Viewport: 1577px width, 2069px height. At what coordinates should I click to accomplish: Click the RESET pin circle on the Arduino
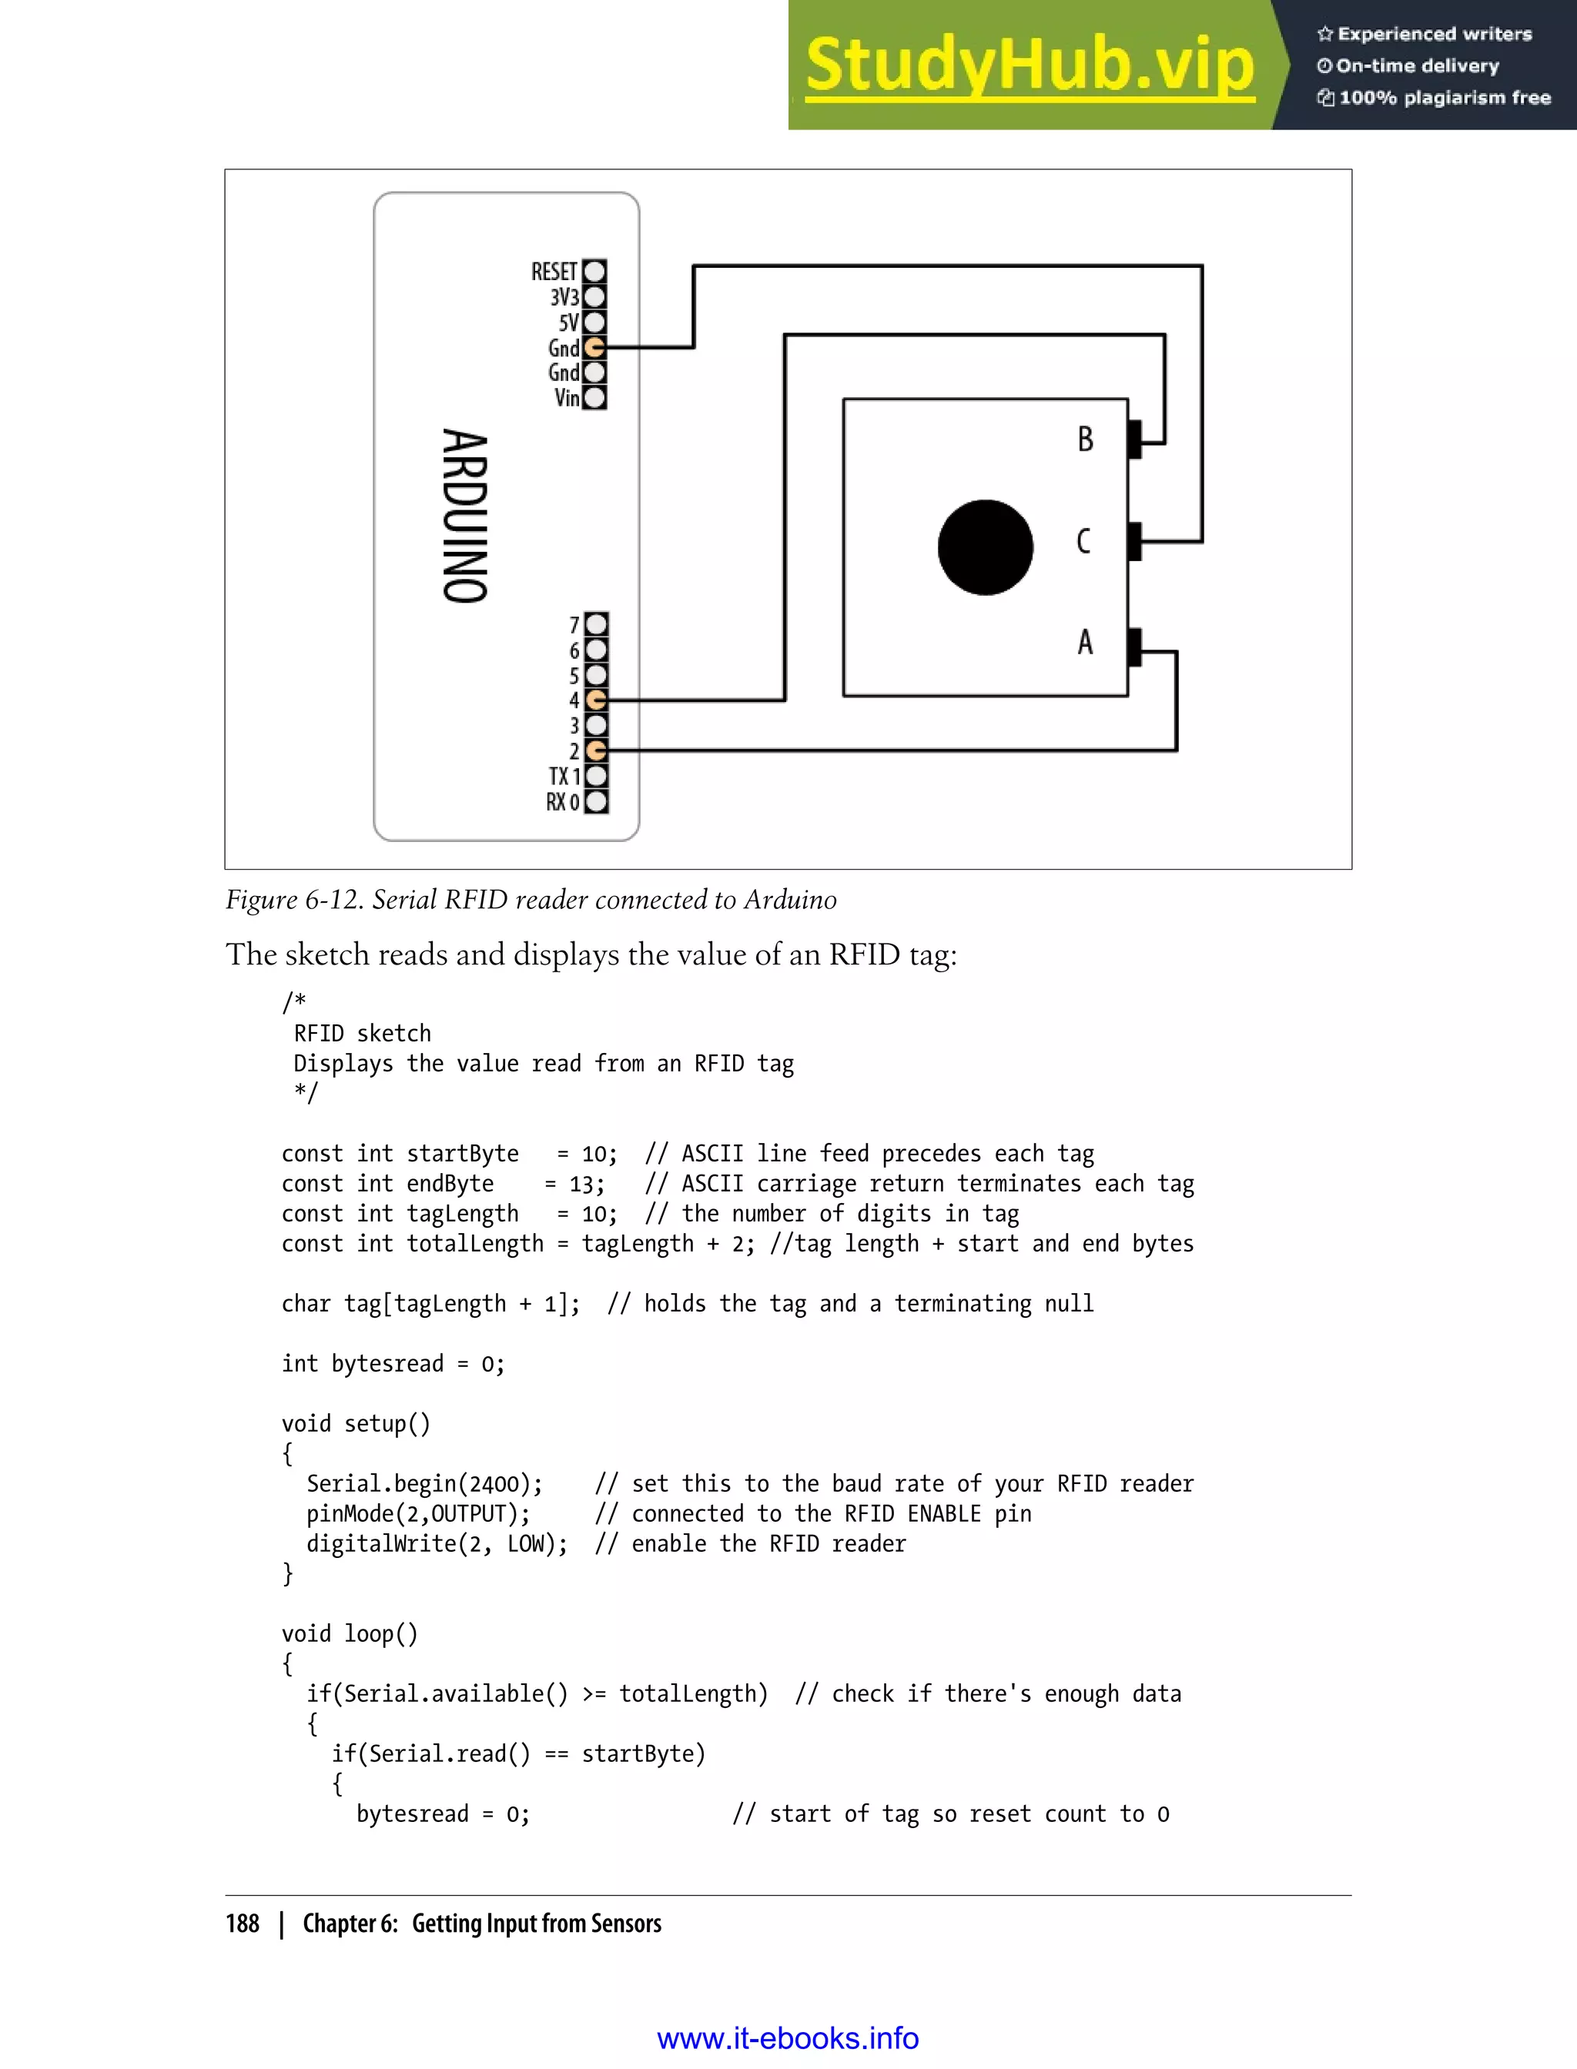[x=594, y=271]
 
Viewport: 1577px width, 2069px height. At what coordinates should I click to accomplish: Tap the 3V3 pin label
[x=564, y=297]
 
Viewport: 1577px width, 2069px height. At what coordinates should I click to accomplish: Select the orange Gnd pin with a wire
[x=594, y=348]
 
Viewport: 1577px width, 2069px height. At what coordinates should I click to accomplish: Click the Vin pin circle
[x=594, y=398]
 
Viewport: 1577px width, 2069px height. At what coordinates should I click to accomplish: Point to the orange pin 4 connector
[x=596, y=700]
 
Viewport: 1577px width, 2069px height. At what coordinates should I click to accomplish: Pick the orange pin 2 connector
[x=596, y=750]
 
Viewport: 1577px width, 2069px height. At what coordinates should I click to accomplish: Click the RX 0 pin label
[x=562, y=802]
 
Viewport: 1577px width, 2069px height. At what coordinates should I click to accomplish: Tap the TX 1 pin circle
[x=596, y=776]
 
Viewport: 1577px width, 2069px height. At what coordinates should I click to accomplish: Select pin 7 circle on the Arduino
[x=596, y=624]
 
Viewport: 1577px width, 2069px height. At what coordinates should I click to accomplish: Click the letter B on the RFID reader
[x=1085, y=440]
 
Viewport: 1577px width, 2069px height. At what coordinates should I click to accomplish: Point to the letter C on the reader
[x=1083, y=541]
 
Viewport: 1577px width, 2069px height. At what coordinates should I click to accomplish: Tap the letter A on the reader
[x=1085, y=643]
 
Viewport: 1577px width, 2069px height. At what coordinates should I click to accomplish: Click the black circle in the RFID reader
[x=985, y=547]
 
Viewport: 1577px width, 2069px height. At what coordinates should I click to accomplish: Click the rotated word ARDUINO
[x=466, y=516]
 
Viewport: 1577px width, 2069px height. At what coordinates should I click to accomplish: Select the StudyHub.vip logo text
[x=1030, y=65]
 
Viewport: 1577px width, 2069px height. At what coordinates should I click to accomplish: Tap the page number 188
[x=243, y=1924]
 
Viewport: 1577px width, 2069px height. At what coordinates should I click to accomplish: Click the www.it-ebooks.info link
[x=788, y=2038]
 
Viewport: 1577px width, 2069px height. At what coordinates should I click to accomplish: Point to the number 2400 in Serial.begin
[x=494, y=1483]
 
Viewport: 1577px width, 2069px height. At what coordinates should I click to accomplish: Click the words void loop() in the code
[x=349, y=1633]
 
